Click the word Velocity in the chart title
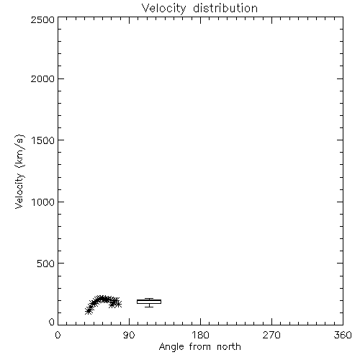pyautogui.click(x=163, y=9)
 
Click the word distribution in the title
pyautogui.click(x=225, y=9)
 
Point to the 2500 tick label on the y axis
pyautogui.click(x=42, y=19)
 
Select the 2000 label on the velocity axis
pyautogui.click(x=42, y=78)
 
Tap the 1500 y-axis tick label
pyautogui.click(x=43, y=140)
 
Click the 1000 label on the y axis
pyautogui.click(x=43, y=202)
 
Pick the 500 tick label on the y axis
pyautogui.click(x=46, y=264)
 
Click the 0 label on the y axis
pyautogui.click(x=52, y=322)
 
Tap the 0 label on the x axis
pyautogui.click(x=58, y=335)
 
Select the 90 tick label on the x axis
pyautogui.click(x=129, y=335)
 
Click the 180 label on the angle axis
pyautogui.click(x=200, y=335)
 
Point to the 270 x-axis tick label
pyautogui.click(x=271, y=335)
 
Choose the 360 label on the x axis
pyautogui.click(x=343, y=335)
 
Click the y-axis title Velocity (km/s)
pyautogui.click(x=19, y=171)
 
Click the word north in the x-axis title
pyautogui.click(x=229, y=347)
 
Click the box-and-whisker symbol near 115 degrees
pyautogui.click(x=149, y=302)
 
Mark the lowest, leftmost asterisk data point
pyautogui.click(x=89, y=311)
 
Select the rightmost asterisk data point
pyautogui.click(x=118, y=305)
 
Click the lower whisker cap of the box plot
pyautogui.click(x=149, y=307)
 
